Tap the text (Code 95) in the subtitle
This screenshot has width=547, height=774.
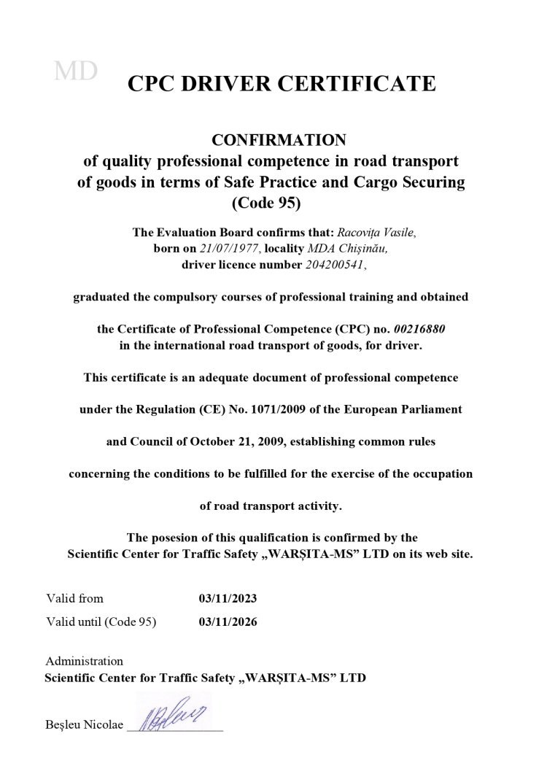coord(271,202)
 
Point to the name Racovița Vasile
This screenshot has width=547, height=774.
coord(373,233)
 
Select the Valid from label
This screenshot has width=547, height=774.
coord(74,599)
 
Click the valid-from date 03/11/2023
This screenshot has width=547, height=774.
coord(228,599)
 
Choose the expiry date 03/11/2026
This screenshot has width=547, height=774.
coord(228,622)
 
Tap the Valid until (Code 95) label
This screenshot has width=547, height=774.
coord(101,622)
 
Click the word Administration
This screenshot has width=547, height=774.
coord(84,662)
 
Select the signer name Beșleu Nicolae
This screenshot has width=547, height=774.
coord(84,726)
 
